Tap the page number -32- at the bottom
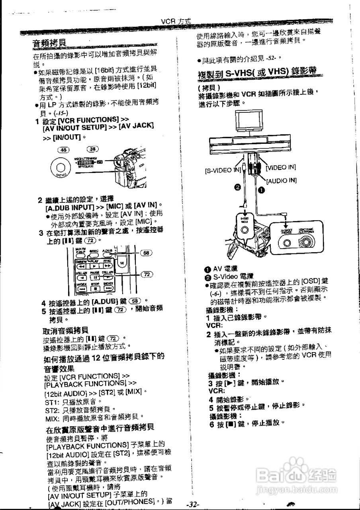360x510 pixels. pos(193,504)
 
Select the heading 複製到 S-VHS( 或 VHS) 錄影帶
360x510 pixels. pos(257,73)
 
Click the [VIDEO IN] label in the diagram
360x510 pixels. pos(281,167)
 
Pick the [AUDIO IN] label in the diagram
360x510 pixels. pos(281,180)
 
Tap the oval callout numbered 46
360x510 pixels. pos(64,149)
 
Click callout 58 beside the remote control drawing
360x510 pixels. pos(147,253)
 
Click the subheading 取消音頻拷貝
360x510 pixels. pos(66,330)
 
